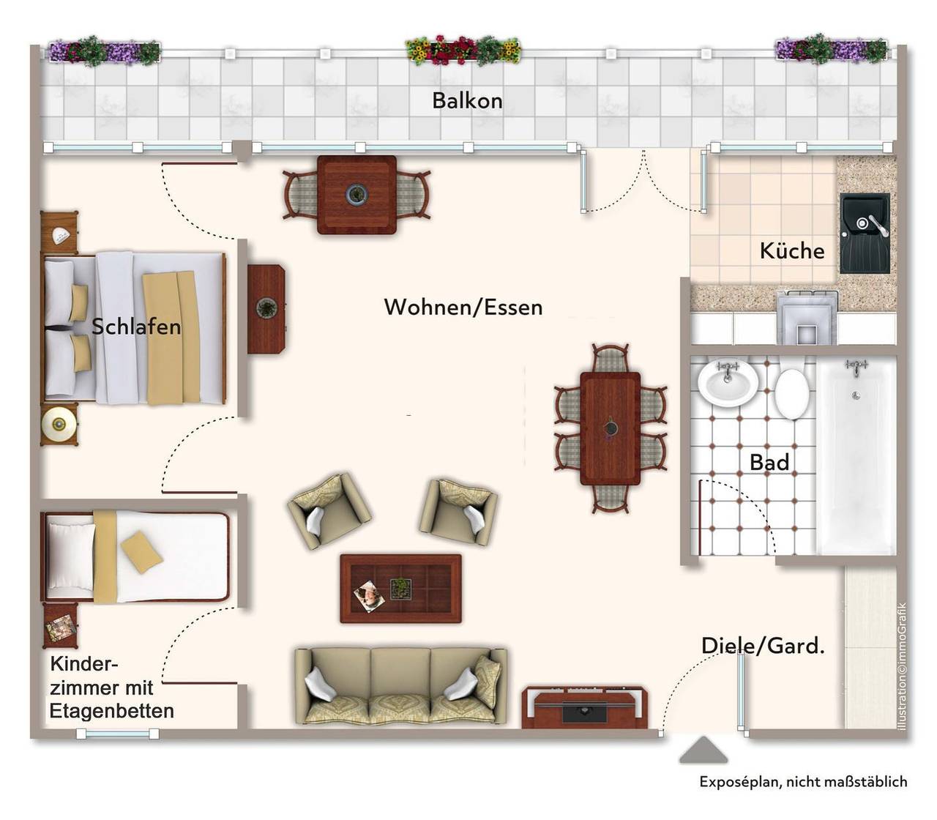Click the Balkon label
point(467,101)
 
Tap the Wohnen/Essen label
point(463,307)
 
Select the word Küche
point(792,250)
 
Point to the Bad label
point(769,462)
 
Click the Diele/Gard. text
point(763,646)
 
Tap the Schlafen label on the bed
point(136,327)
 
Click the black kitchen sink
point(865,233)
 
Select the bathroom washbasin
point(728,384)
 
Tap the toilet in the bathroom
point(791,394)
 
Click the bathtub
point(856,457)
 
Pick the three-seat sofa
point(400,686)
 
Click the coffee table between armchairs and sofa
point(400,589)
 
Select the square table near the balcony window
point(356,195)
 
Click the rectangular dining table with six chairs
point(611,428)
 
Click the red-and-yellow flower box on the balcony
point(463,50)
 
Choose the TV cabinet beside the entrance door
point(585,708)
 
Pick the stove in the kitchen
point(807,317)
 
